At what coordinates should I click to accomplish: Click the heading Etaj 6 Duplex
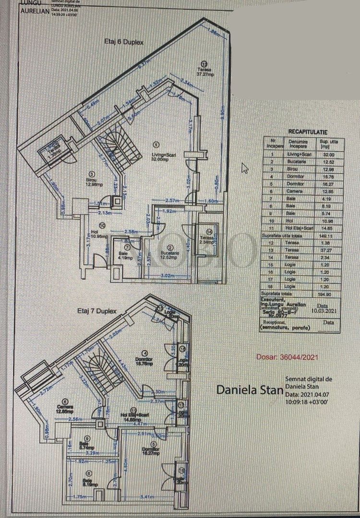point(124,42)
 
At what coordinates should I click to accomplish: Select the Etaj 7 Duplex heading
point(97,311)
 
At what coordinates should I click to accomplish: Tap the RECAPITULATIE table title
point(307,131)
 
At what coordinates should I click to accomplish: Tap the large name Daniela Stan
point(249,389)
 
